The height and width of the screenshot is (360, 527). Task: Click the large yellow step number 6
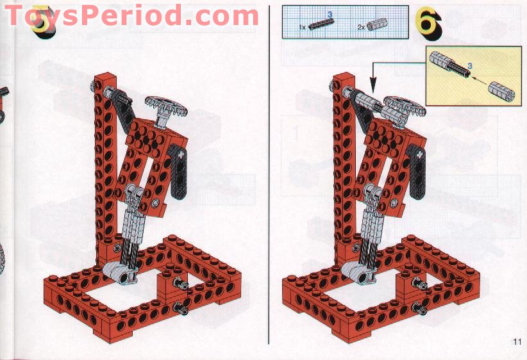(428, 23)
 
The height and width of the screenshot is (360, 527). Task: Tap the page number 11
(517, 341)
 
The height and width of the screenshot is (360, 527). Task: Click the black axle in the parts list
(321, 24)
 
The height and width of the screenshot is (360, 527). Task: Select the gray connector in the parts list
(377, 24)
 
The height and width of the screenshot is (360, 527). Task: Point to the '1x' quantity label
(302, 27)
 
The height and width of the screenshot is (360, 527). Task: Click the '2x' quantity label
(362, 27)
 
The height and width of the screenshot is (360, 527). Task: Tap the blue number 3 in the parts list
(330, 14)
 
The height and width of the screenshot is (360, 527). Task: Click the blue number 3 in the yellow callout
(470, 66)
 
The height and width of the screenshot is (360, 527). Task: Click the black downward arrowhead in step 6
(373, 85)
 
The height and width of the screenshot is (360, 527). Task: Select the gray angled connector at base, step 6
(358, 274)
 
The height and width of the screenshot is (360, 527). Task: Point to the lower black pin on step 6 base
(419, 308)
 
